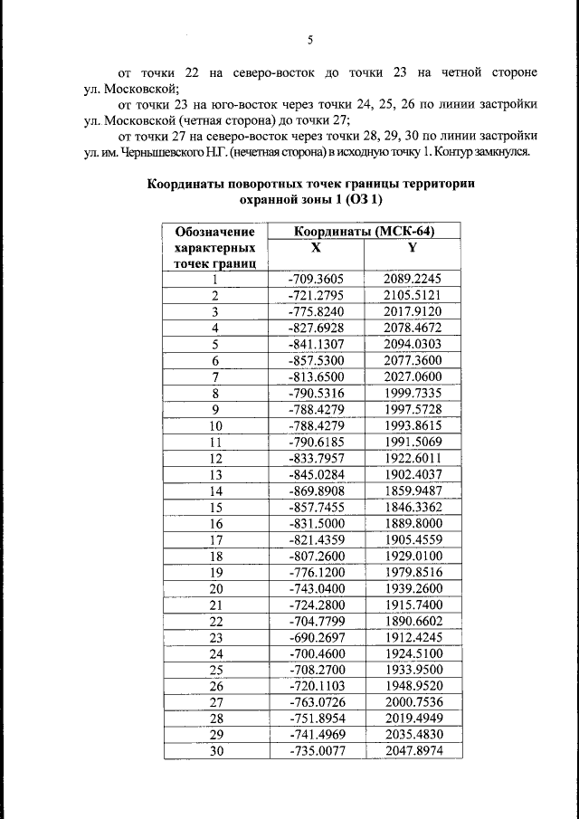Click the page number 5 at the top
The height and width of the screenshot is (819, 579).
(309, 40)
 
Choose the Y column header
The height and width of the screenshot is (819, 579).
(412, 247)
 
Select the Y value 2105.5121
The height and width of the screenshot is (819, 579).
(412, 295)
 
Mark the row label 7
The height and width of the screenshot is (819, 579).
(215, 376)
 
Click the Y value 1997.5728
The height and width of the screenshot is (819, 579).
(412, 407)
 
